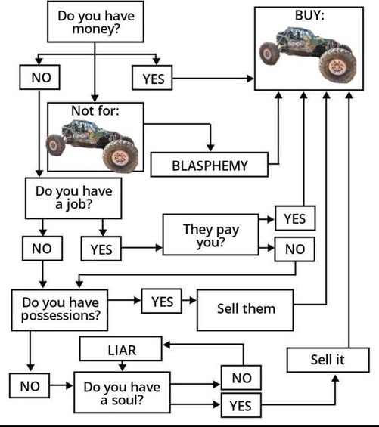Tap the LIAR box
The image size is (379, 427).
click(x=120, y=349)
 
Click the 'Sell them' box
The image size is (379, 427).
click(x=246, y=308)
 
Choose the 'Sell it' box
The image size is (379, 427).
click(x=327, y=360)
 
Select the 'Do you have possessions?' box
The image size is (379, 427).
click(x=61, y=308)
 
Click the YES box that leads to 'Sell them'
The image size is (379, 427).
click(x=162, y=302)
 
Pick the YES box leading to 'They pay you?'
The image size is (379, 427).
click(x=102, y=248)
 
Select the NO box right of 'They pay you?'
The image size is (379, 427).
click(x=294, y=247)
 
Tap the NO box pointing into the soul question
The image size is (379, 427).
click(x=30, y=386)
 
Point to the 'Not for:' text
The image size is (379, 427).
click(x=95, y=112)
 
